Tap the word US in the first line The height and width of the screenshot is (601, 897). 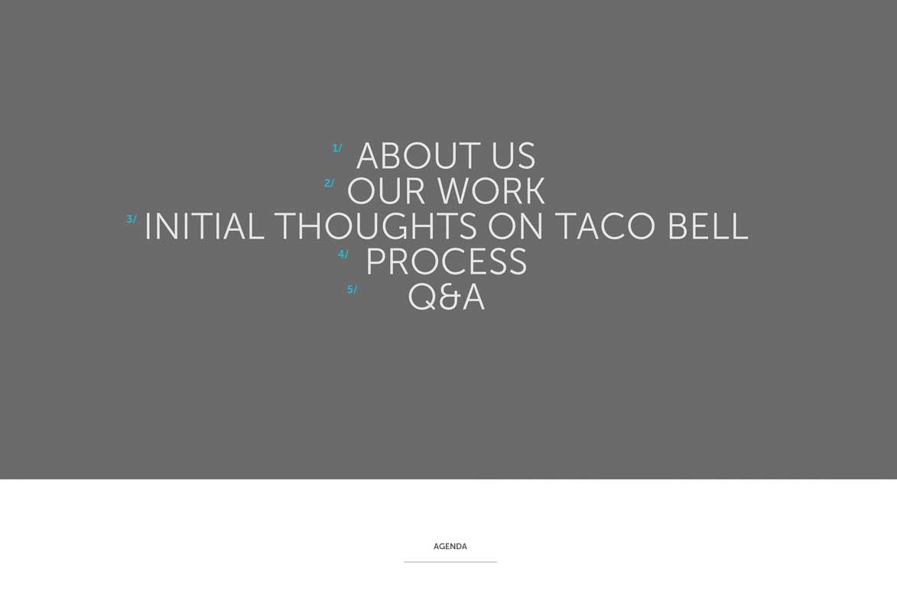513,156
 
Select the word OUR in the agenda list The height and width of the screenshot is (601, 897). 386,191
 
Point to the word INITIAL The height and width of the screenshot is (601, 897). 204,226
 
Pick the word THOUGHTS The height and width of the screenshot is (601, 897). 375,226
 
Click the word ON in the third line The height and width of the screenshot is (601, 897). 515,226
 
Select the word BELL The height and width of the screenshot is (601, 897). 707,226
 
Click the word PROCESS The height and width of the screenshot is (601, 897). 447,262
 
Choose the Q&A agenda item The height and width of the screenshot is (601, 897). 447,297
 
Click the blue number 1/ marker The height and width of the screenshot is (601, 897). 337,148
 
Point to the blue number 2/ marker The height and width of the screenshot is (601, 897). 329,184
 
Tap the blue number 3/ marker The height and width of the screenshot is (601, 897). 132,219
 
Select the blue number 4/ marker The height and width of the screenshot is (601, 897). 343,255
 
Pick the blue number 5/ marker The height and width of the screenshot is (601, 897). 352,290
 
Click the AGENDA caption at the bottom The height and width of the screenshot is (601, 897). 450,547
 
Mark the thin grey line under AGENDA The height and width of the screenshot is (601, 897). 450,562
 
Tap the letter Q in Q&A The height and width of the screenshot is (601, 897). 422,298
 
